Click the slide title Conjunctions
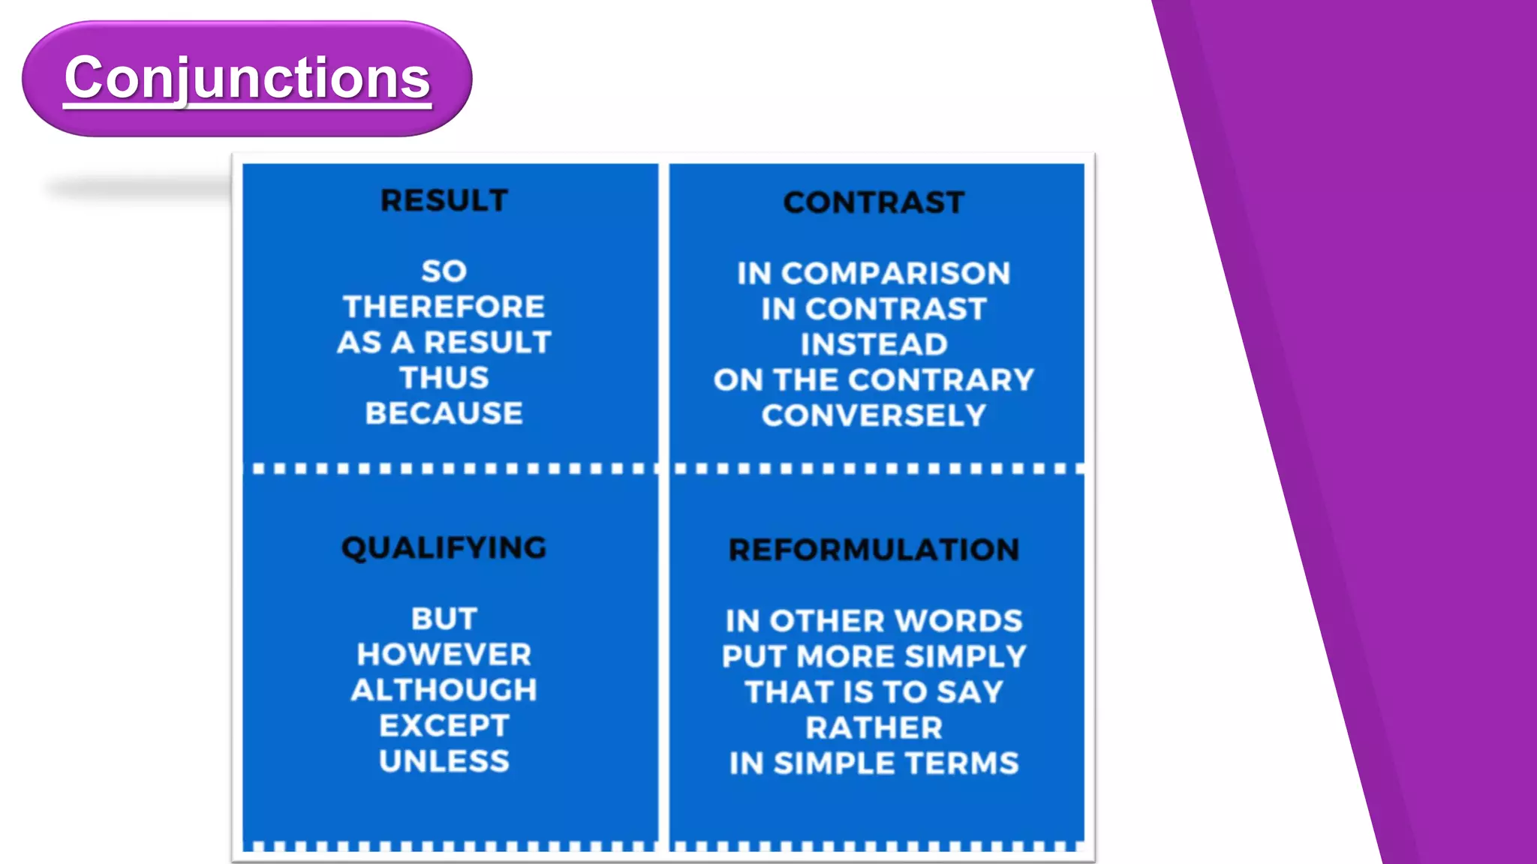[x=247, y=78]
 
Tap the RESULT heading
[x=444, y=201]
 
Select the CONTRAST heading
[x=874, y=202]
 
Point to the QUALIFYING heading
[x=444, y=548]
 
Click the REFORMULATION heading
[x=874, y=550]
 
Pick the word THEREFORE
[x=444, y=307]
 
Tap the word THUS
[x=444, y=378]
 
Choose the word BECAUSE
[x=444, y=413]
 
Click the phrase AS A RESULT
[x=444, y=343]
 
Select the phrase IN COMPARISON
[x=874, y=273]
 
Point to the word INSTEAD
[x=874, y=344]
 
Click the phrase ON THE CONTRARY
[x=874, y=379]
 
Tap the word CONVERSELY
[x=874, y=415]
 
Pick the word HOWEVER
[x=444, y=655]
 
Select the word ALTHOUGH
[x=444, y=690]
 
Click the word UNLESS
[x=444, y=761]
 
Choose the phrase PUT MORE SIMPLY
[x=874, y=656]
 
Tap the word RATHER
[x=874, y=727]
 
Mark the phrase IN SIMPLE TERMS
[x=874, y=763]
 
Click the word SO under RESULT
[x=444, y=271]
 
